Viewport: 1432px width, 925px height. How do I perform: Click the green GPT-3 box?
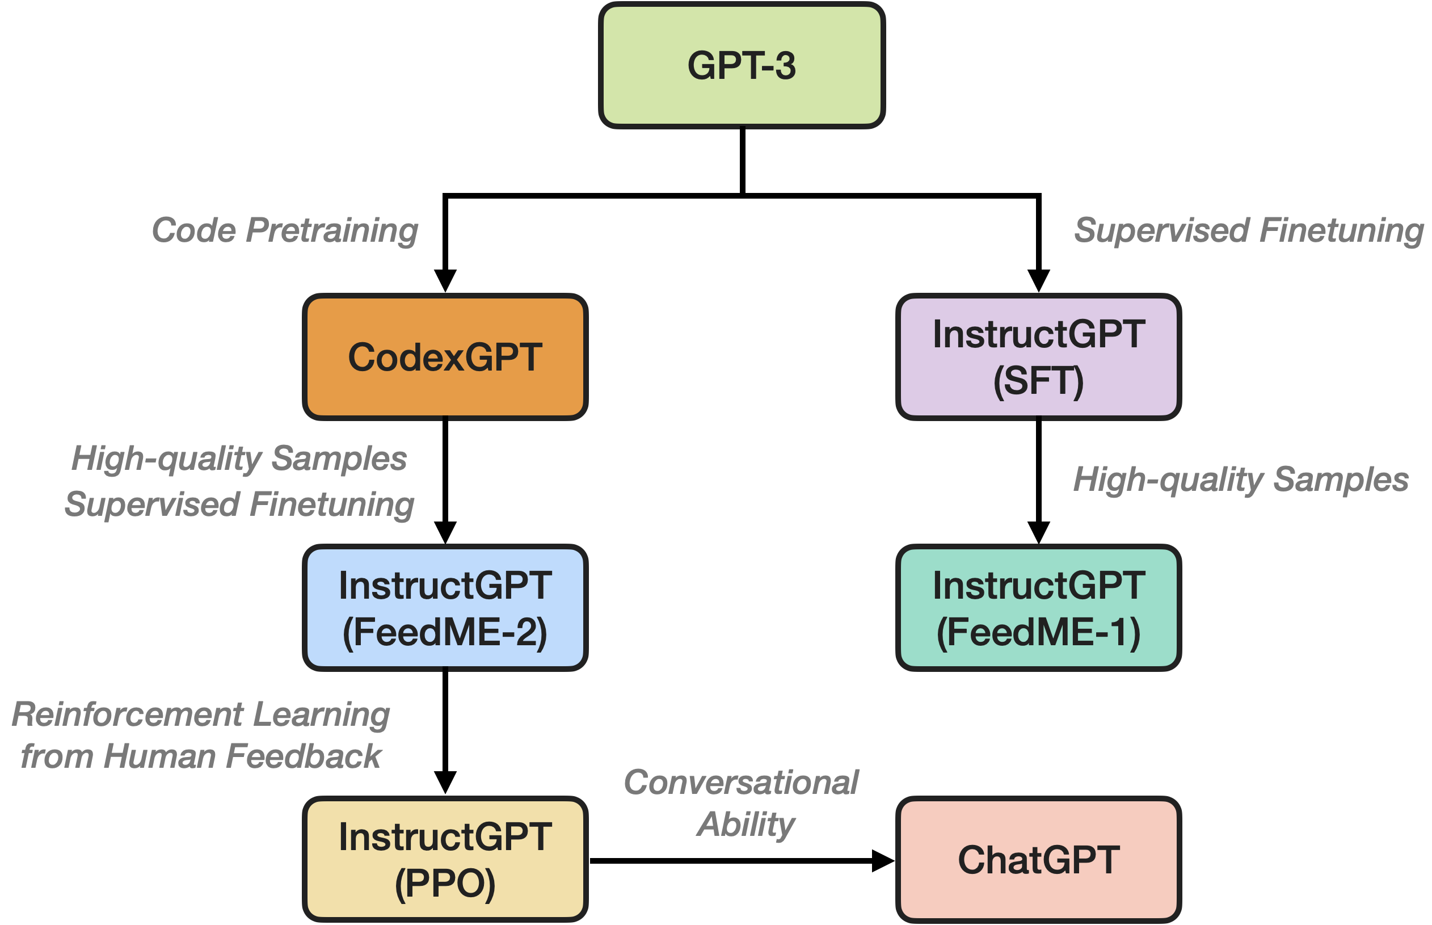coord(742,65)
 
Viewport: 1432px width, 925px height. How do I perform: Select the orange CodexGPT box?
coord(445,358)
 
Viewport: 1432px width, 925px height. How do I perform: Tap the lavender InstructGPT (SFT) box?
coord(1038,358)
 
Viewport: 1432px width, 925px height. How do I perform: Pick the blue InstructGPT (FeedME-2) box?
coord(445,608)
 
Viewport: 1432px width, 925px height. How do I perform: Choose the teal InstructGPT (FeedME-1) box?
coord(1038,608)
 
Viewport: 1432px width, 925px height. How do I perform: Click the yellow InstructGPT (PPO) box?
coord(445,860)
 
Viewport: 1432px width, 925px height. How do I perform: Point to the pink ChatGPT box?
coord(1038,860)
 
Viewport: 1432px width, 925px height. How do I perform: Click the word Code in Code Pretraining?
coord(193,230)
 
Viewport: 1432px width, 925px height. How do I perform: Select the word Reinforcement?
coord(127,715)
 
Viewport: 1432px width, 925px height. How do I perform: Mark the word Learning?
coord(322,715)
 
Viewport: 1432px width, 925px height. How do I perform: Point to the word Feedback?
coord(304,756)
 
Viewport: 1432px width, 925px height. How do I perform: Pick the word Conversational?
coord(742,783)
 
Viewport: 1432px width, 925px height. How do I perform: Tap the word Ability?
coord(746,824)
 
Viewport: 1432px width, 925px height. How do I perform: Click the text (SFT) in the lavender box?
coord(1038,381)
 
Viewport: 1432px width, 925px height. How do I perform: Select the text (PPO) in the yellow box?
coord(445,884)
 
